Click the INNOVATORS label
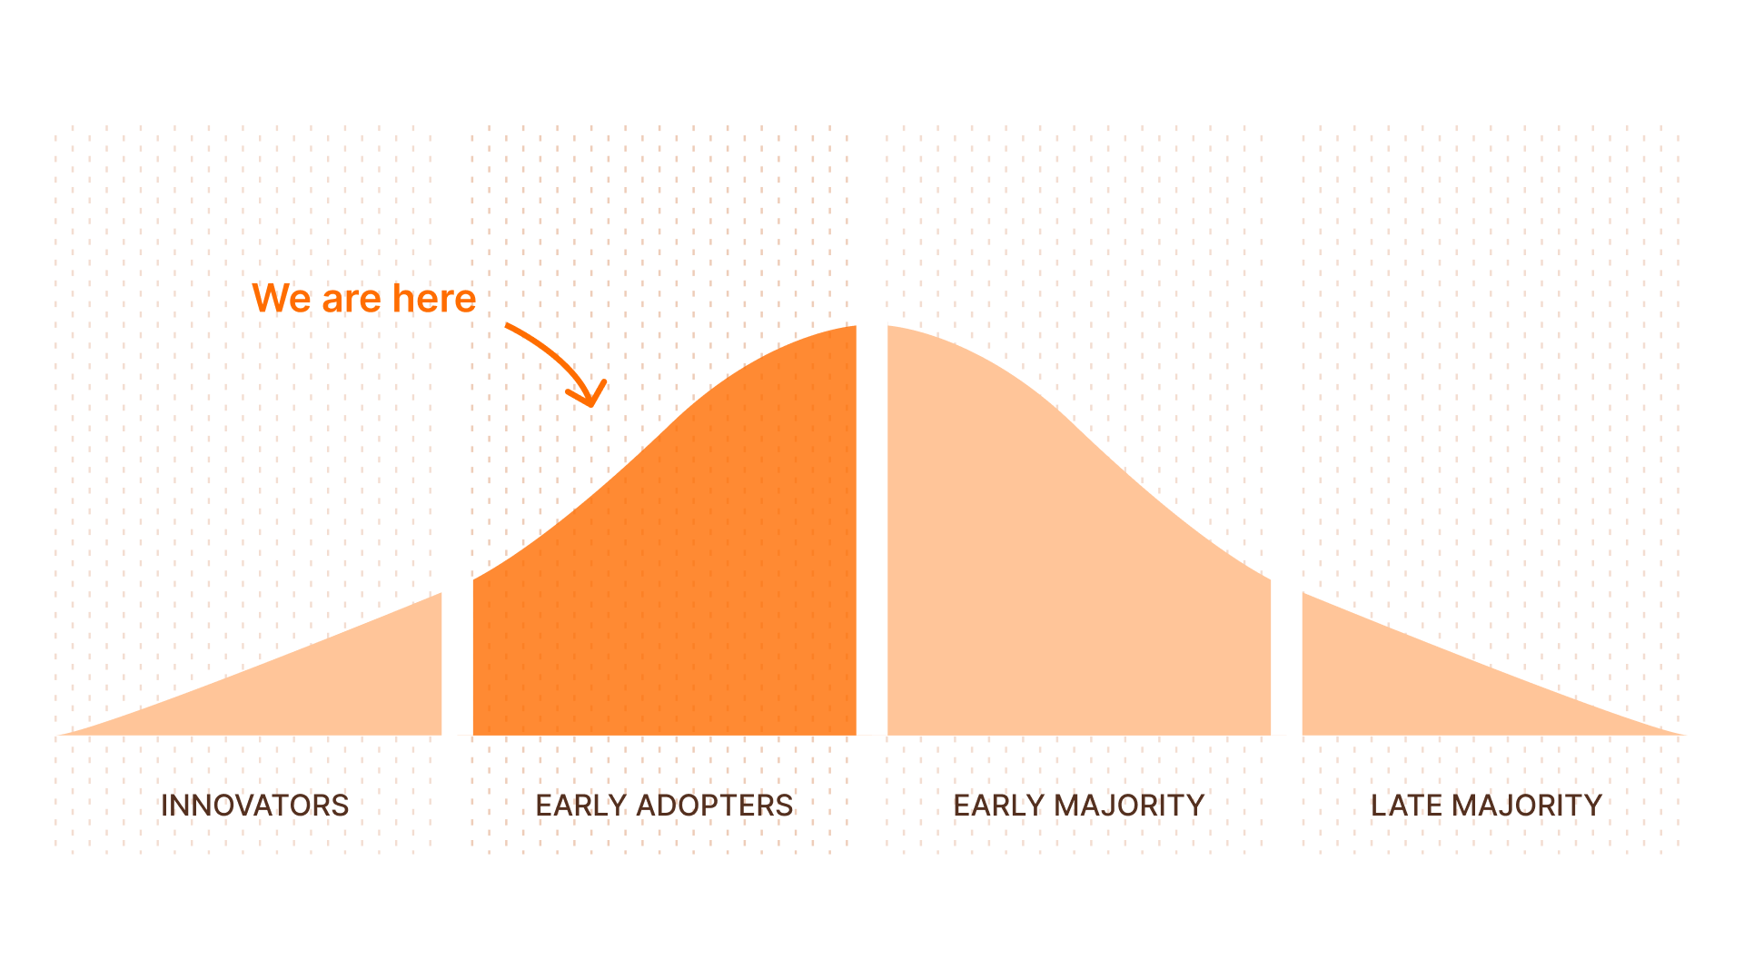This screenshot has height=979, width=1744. pos(254,806)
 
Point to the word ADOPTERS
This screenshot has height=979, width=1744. pos(714,806)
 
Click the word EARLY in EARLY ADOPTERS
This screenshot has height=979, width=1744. pos(580,806)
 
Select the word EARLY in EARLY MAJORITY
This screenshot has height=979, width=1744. pos(998,806)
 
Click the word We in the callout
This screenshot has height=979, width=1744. pos(282,298)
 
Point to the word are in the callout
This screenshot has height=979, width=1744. pos(352,302)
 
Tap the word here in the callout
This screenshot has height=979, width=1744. pos(434,298)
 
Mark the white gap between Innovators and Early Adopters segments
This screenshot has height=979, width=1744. pos(458,658)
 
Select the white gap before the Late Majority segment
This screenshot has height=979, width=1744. pos(1286,658)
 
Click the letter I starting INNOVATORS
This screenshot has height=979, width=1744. pos(163,806)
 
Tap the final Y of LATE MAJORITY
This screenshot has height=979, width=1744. pos(1591,806)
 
